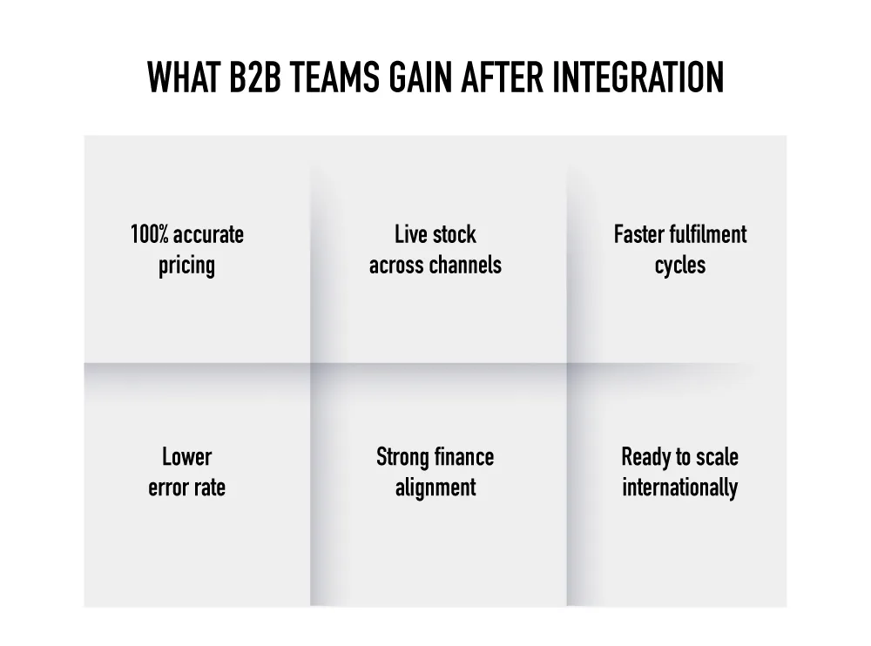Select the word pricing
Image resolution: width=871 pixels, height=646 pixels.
pos(186,266)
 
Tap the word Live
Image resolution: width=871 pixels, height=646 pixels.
pos(410,234)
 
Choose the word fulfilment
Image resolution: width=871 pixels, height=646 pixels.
pos(712,234)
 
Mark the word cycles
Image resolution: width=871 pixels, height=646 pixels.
pos(679,266)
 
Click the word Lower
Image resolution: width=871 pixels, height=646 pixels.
pos(186,457)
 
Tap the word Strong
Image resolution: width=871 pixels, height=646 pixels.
pos(402,457)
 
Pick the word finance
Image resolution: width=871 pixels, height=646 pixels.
pos(463,457)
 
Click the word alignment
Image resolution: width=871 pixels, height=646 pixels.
pos(435,488)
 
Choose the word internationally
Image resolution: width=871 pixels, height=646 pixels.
pos(679,488)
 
